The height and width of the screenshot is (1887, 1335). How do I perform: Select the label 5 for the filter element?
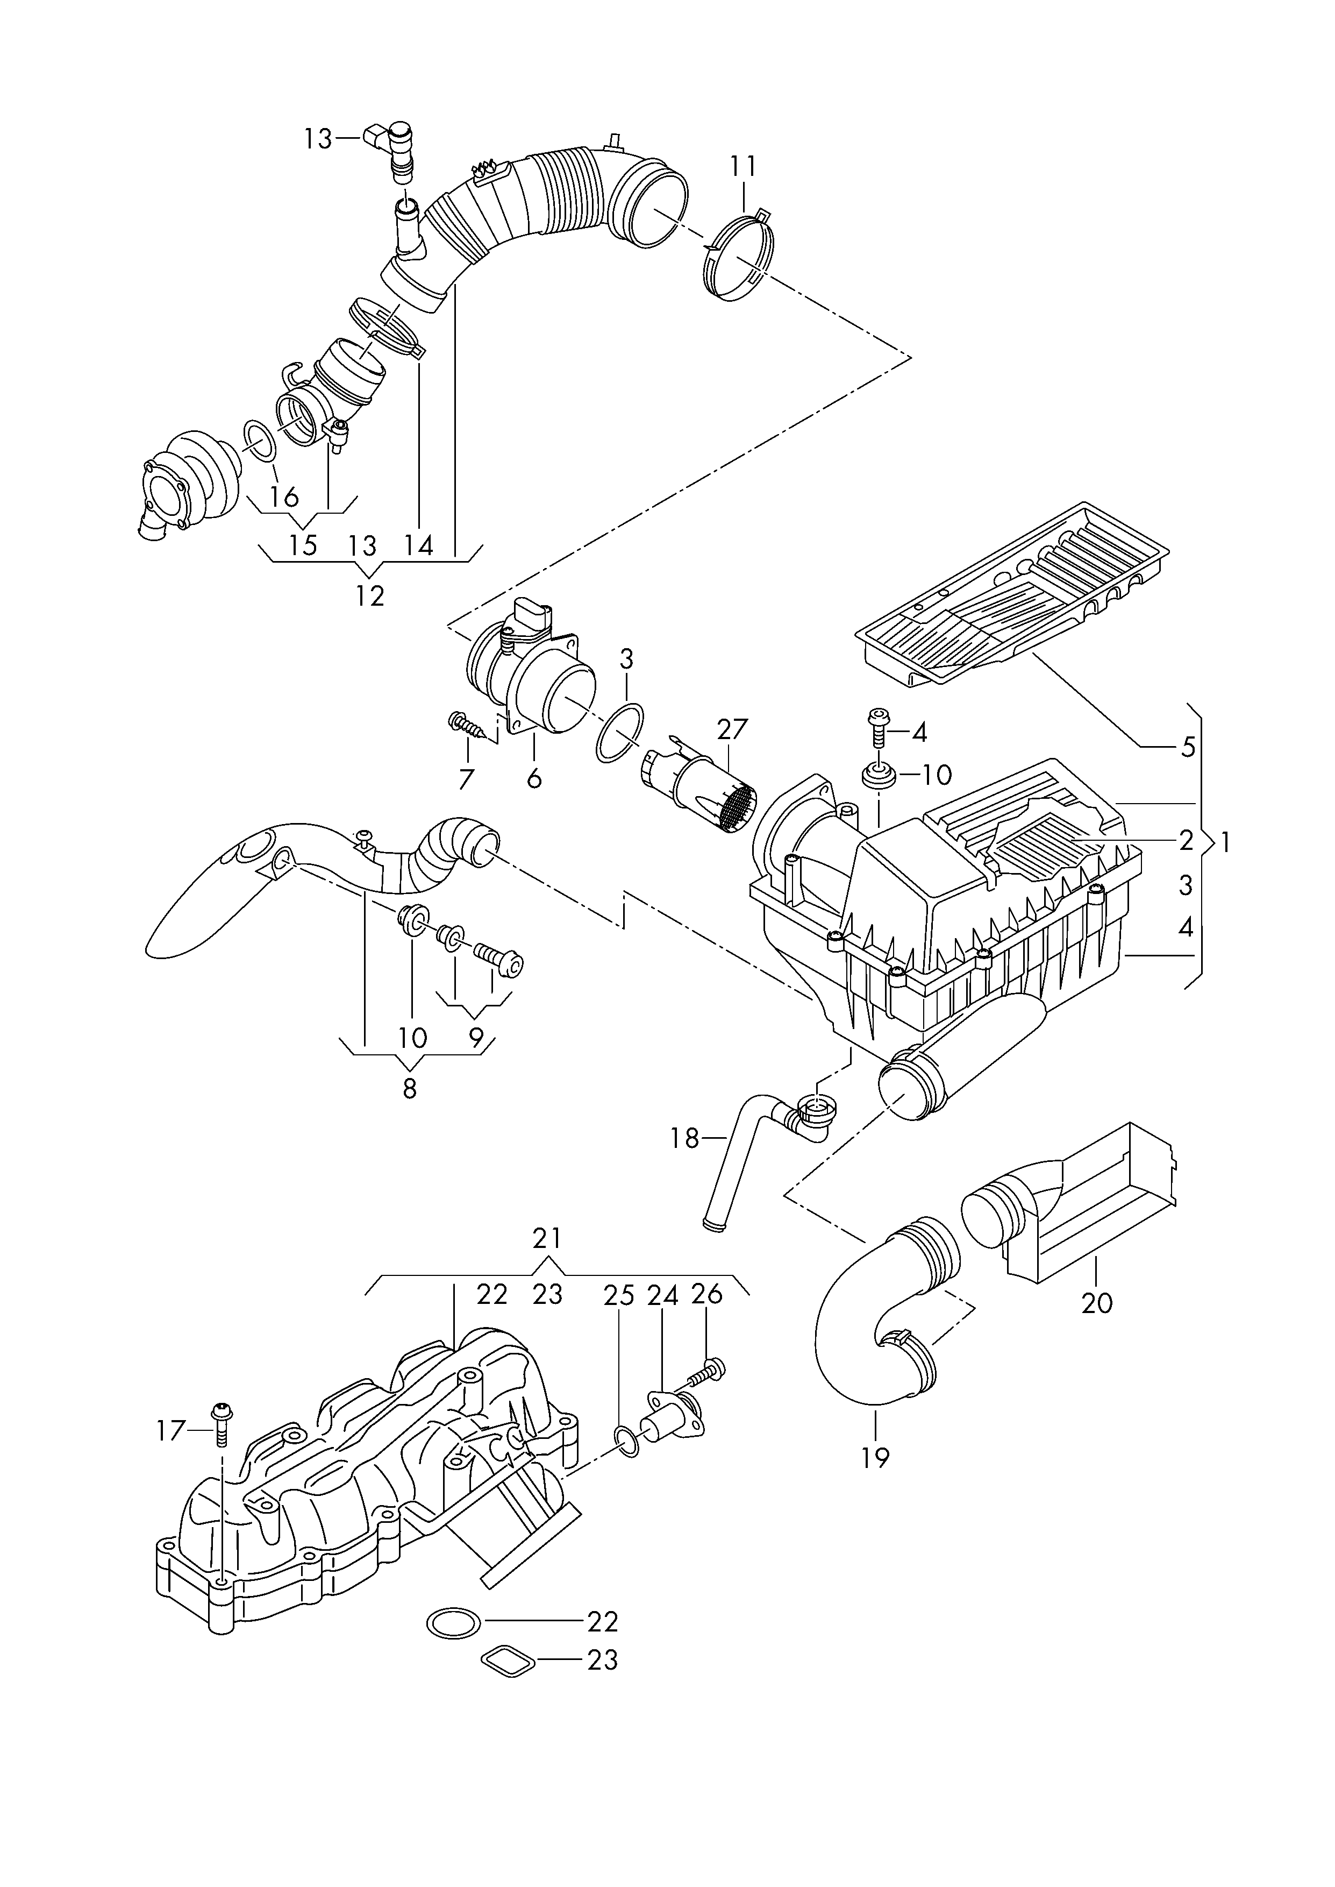tap(1188, 747)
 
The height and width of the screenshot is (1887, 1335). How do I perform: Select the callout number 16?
tap(283, 496)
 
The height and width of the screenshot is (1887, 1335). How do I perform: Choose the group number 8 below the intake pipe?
tap(409, 1089)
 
